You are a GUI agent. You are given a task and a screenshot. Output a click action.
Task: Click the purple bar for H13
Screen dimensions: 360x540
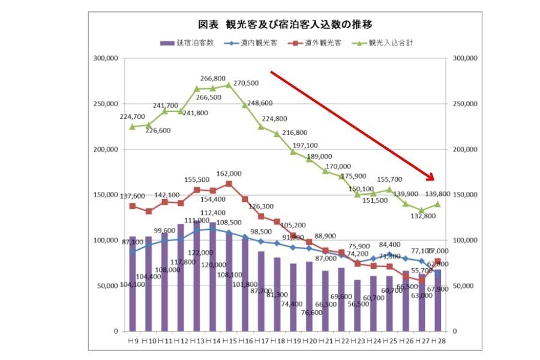pyautogui.click(x=197, y=276)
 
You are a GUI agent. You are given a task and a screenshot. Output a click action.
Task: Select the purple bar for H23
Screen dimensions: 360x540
pyautogui.click(x=358, y=305)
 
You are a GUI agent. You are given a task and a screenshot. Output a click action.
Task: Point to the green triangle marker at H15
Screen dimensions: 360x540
pyautogui.click(x=229, y=85)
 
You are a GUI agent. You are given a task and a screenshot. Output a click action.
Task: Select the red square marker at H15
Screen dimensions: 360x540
pyautogui.click(x=229, y=184)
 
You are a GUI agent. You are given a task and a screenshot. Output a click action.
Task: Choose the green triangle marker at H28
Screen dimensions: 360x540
pyautogui.click(x=438, y=204)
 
